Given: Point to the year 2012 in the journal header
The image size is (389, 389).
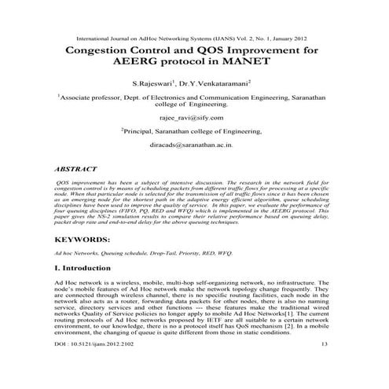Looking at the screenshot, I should coord(307,37).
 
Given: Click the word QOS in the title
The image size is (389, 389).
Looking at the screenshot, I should coord(196,51).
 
